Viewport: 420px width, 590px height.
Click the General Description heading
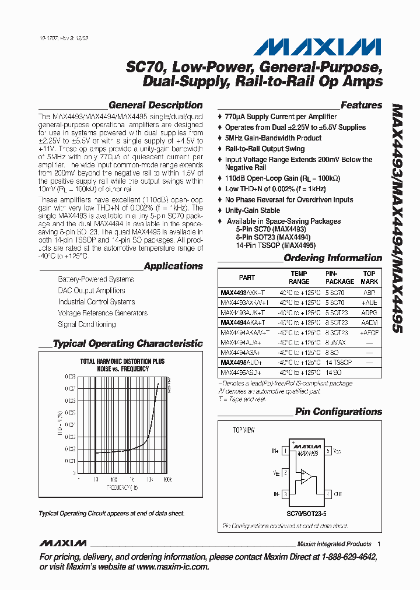coord(156,106)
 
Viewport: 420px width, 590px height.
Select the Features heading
coord(361,106)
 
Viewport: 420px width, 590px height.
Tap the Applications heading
coord(173,266)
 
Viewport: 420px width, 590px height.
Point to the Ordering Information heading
coord(332,258)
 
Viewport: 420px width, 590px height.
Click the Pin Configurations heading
coord(338,412)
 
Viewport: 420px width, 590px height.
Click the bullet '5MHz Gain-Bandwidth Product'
coord(273,138)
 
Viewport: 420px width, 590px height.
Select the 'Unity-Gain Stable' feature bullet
coord(252,210)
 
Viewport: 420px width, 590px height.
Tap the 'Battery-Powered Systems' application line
coord(96,280)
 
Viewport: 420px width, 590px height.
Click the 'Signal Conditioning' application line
coord(86,325)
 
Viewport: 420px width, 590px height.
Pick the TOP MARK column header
coord(369,278)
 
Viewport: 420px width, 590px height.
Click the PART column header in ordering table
coord(247,278)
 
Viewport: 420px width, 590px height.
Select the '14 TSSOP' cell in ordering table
coord(339,362)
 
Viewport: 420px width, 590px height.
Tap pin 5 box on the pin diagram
coord(328,451)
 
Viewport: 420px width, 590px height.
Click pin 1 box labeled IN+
coord(285,451)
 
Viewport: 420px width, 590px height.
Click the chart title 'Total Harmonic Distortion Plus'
coord(122,361)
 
